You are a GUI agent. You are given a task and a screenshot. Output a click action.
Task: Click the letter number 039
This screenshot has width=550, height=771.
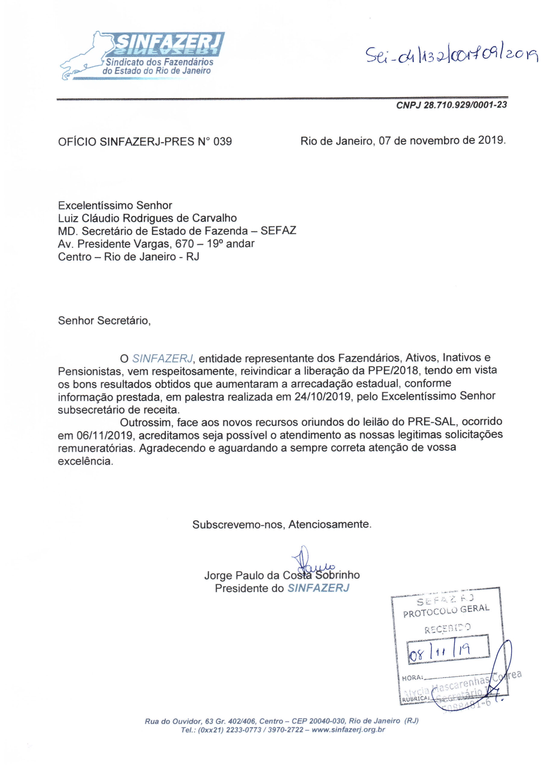click(x=222, y=142)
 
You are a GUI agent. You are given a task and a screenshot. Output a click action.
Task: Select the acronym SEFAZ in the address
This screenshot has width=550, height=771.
click(x=278, y=231)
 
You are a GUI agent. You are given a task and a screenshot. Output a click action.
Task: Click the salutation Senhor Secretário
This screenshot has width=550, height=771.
click(x=104, y=320)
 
